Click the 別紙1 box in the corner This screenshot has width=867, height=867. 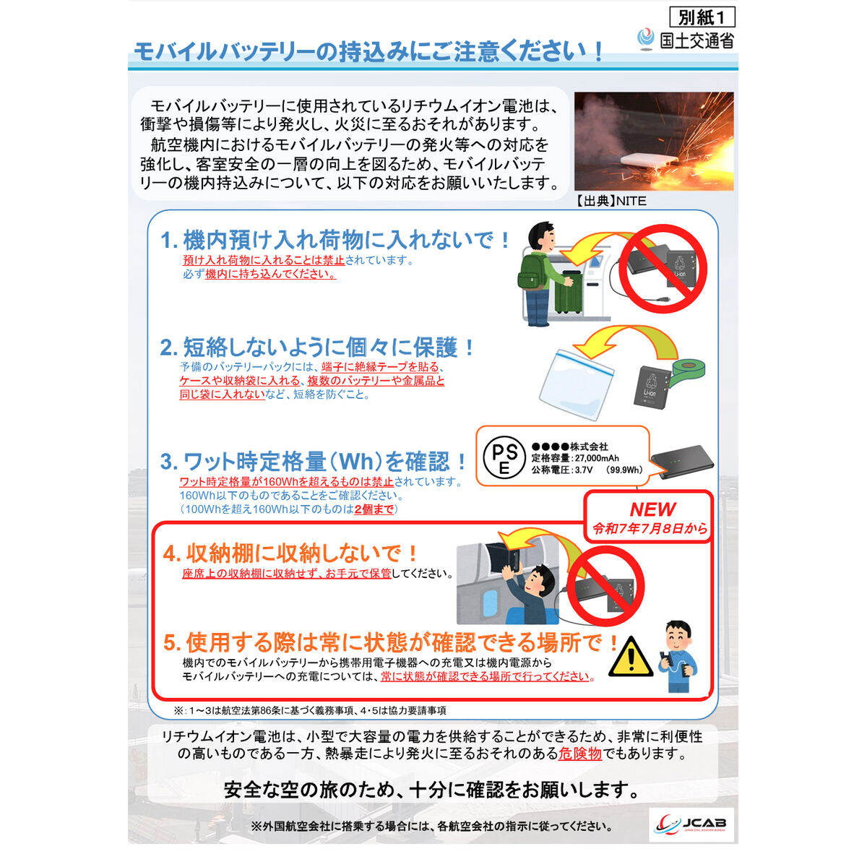[702, 17]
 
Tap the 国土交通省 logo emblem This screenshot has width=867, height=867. [646, 39]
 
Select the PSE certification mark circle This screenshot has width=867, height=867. [504, 457]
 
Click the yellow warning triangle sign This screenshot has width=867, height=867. [630, 657]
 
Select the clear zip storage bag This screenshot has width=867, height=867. [577, 384]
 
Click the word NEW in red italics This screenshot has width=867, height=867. [652, 509]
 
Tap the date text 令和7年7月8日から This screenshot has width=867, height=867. [650, 529]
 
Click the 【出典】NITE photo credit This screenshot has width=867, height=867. [610, 201]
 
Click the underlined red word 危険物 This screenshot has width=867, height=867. [580, 754]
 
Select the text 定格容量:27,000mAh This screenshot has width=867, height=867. [575, 459]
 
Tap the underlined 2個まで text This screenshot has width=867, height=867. [374, 509]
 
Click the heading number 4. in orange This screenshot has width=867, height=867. [171, 554]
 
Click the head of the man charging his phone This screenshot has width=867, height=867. [678, 634]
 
